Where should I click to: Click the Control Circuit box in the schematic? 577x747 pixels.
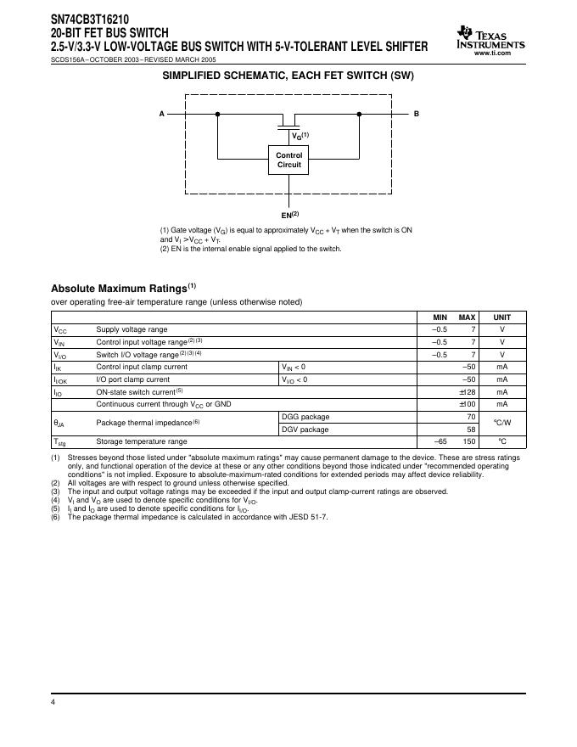click(x=289, y=160)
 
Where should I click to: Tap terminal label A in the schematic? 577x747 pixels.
click(x=162, y=114)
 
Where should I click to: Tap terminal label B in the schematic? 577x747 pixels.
click(x=417, y=114)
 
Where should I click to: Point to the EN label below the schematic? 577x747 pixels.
click(x=289, y=216)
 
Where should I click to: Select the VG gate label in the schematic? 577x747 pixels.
click(x=300, y=136)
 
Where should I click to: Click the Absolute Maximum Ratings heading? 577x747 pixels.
click(x=124, y=288)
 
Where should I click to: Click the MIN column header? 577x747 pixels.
click(x=440, y=317)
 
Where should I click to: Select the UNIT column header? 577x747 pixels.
click(x=501, y=317)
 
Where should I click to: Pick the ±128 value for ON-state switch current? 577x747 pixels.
click(x=466, y=392)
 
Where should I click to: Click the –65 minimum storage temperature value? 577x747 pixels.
click(x=440, y=441)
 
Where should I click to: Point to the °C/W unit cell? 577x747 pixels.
click(x=501, y=423)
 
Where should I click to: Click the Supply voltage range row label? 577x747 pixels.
click(x=132, y=329)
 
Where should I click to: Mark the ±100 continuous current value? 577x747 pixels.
click(x=466, y=404)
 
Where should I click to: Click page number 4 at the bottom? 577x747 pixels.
click(x=53, y=703)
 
